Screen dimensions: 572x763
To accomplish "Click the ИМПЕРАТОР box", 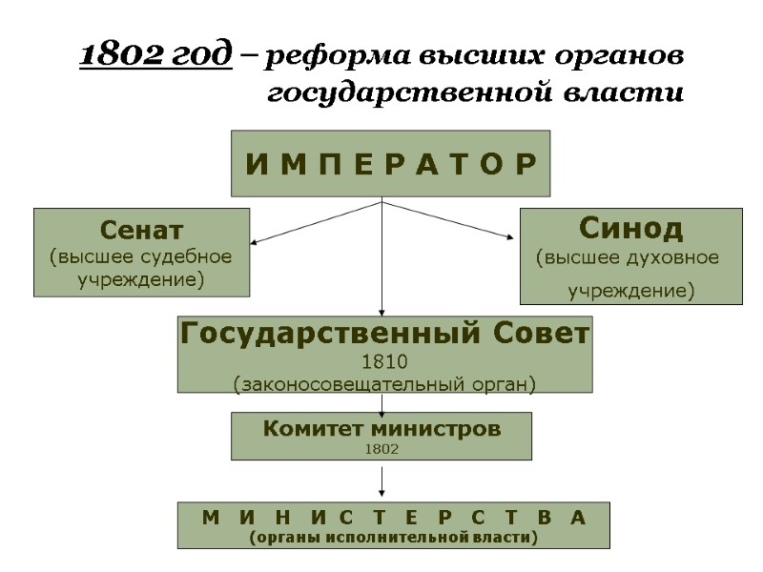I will click(x=391, y=164).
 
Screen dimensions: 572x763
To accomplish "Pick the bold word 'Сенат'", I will click(x=142, y=230).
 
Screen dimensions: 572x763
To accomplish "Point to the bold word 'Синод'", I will click(x=631, y=229).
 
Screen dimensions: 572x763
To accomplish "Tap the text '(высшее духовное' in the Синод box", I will click(x=629, y=257).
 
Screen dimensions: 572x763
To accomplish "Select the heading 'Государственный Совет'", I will click(x=385, y=335).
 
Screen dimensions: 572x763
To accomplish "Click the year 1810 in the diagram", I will click(x=384, y=362).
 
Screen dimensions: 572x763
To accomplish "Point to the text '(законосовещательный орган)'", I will click(x=384, y=384).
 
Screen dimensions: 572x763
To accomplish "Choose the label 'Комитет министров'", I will click(x=381, y=429).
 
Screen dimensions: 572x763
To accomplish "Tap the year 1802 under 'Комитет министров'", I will click(x=381, y=448).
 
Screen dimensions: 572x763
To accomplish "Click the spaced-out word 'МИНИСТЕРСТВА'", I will click(x=393, y=517).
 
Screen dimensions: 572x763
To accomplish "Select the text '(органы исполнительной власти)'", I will click(x=393, y=539).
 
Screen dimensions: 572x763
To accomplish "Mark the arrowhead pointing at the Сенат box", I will click(x=256, y=241).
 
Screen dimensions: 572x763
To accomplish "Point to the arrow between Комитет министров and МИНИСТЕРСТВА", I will click(x=382, y=481).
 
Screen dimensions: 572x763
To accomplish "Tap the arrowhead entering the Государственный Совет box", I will click(x=382, y=311).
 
